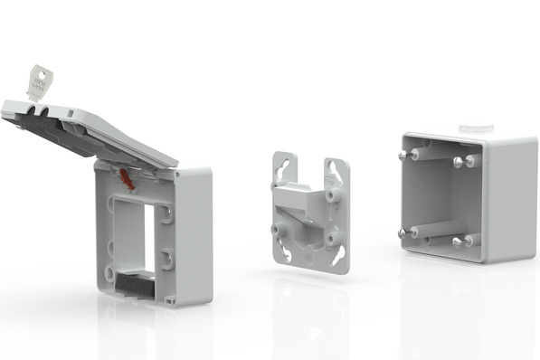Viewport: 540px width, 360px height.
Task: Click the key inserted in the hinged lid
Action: pos(39,82)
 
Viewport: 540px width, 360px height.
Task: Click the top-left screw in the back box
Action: pos(403,155)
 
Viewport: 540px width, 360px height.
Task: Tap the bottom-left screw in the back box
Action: pos(403,233)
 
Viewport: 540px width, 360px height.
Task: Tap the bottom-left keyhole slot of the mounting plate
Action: pos(287,252)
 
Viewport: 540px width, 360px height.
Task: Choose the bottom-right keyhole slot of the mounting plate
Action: pos(337,256)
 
